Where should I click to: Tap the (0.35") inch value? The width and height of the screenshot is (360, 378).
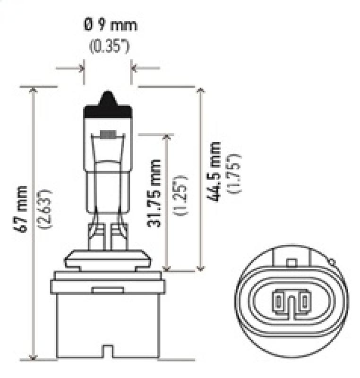pos(109,47)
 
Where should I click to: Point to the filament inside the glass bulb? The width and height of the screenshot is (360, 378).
pos(109,136)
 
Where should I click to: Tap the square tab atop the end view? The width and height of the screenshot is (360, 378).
pos(291,261)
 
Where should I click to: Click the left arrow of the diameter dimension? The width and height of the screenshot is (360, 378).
pos(81,69)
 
